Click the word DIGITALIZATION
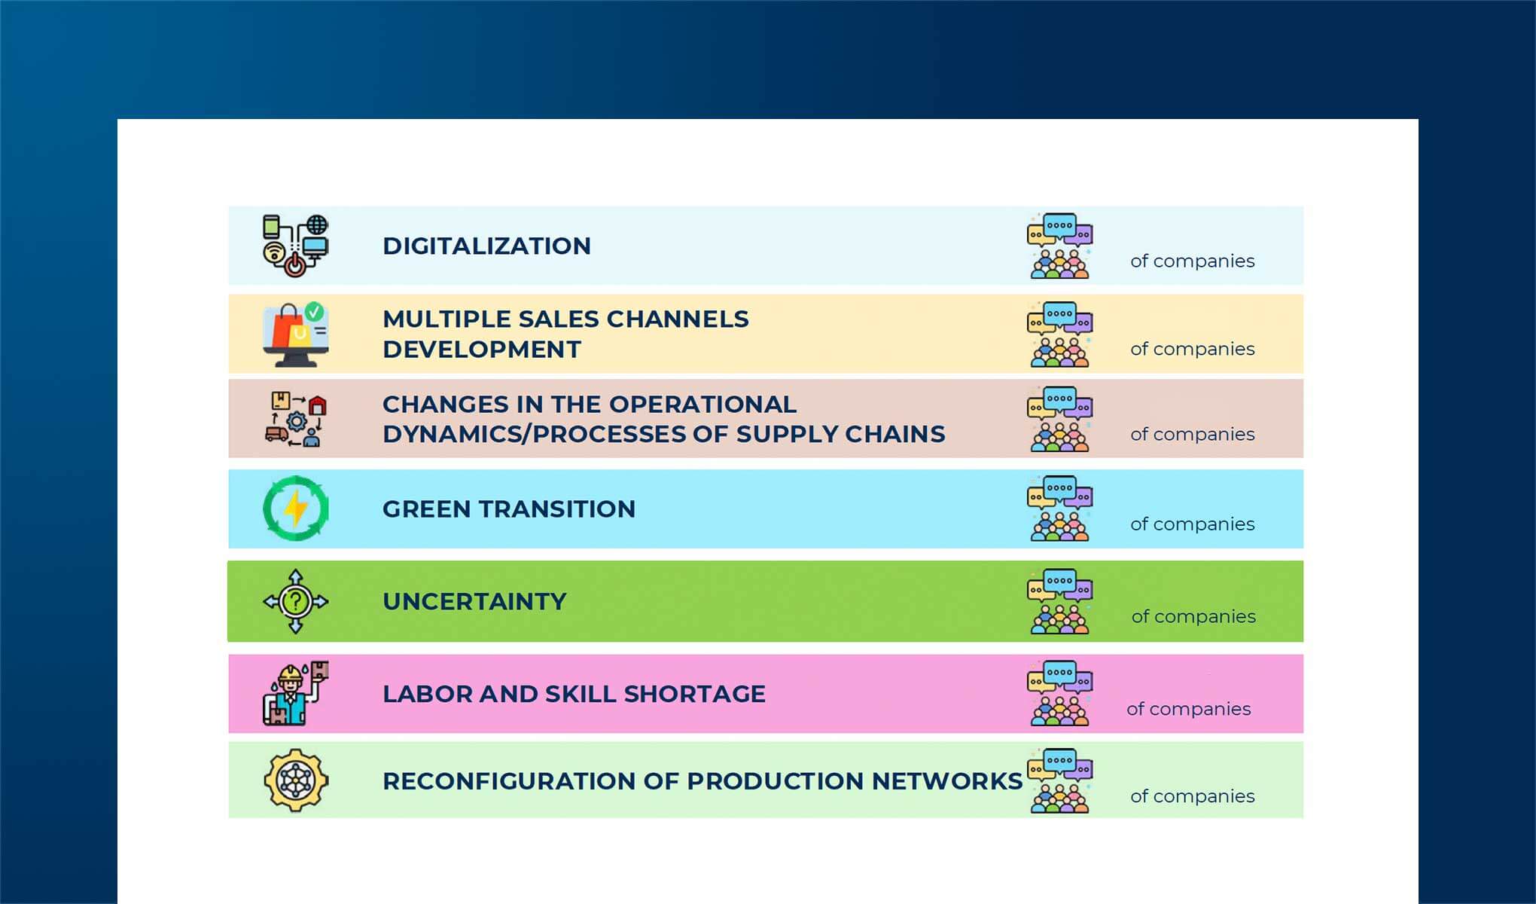coord(486,246)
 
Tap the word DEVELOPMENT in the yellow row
coord(482,350)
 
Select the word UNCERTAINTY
coord(474,602)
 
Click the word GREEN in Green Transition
coord(427,509)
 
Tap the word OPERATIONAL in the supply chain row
coord(702,405)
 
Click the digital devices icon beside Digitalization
coord(295,246)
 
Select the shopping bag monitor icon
coord(295,336)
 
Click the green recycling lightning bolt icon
coord(296,508)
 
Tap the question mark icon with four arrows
coord(296,601)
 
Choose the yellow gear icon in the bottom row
coord(296,780)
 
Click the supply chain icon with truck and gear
coord(296,420)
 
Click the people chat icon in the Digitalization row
coord(1059,246)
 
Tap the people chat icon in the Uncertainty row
coord(1059,601)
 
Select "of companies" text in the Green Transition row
coord(1192,524)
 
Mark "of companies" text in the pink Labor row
coord(1188,710)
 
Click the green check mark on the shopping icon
coord(315,311)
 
